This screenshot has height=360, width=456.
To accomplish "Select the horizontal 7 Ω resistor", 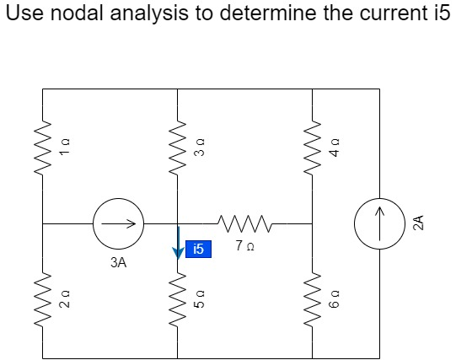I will [x=244, y=223].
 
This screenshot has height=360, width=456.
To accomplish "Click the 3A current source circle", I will [x=118, y=224].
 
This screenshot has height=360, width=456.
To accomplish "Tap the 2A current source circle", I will [x=379, y=224].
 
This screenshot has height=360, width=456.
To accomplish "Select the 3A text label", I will [x=118, y=263].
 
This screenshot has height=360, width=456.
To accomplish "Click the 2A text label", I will [x=419, y=224].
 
